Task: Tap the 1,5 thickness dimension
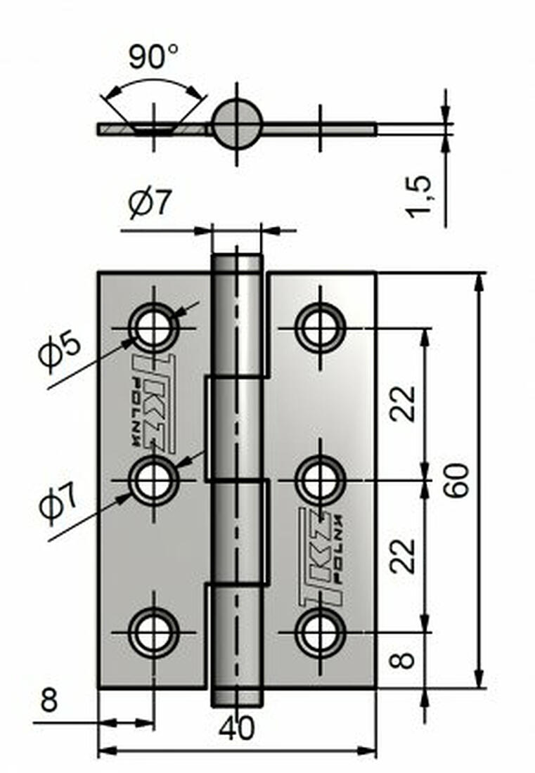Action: tap(420, 197)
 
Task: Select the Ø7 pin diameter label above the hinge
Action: tap(150, 204)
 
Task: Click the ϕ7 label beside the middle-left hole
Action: tap(59, 505)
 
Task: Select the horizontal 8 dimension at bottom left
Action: tap(49, 701)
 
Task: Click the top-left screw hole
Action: tap(153, 328)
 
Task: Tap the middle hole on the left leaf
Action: tap(153, 481)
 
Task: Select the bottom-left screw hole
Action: tap(153, 633)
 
